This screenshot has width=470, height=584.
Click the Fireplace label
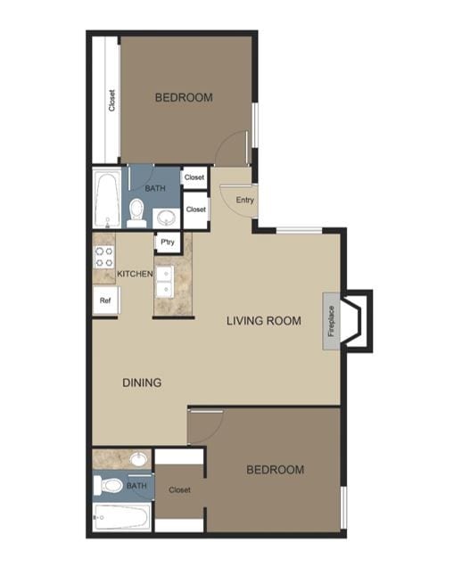pos(331,321)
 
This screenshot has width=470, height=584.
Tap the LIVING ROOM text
pos(263,321)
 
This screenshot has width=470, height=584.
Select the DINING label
pos(142,383)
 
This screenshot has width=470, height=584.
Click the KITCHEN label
pos(135,274)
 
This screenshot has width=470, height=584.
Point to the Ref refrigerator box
pos(104,301)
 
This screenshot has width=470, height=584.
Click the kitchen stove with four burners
pos(103,259)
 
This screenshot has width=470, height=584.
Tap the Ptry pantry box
pos(165,242)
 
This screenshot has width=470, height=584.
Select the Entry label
pos(245,200)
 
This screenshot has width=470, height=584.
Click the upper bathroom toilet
pos(136,211)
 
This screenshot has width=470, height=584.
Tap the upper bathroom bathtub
pos(107,200)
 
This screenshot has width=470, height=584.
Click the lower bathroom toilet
pos(111,487)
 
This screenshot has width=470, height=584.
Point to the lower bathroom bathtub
pos(123,518)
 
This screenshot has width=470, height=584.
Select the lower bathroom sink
pos(138,459)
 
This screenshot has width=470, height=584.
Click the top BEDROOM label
pos(184,98)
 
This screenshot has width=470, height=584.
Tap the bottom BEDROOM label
pos(275,470)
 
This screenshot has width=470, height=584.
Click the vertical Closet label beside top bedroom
pos(112,100)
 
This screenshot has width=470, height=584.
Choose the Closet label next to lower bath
pos(180,489)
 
